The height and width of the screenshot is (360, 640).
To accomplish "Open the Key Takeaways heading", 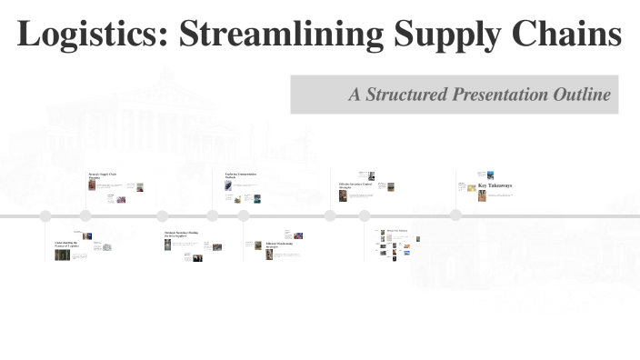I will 495,185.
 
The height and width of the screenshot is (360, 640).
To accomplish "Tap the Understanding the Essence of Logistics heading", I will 65,245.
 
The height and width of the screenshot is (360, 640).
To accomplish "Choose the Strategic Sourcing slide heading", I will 180,235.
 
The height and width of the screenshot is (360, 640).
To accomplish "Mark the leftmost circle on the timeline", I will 45,216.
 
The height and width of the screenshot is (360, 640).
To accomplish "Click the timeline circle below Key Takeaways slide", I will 455,215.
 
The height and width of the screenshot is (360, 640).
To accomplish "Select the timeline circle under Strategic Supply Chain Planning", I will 85,215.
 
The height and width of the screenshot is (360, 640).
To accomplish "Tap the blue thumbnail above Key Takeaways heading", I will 491,175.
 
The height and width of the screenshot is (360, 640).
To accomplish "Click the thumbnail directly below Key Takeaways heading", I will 483,195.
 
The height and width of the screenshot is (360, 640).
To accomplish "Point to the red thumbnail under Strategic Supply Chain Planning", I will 92,185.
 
